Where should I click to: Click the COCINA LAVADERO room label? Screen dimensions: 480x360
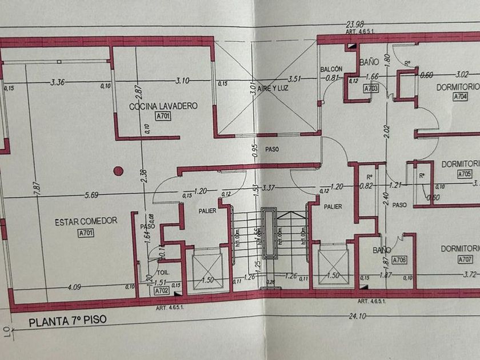pos(163,106)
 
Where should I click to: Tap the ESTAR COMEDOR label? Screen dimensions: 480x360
pos(86,222)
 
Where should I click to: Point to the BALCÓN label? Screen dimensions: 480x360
pos(331,69)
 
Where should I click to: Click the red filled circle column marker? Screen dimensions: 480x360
pos(118,170)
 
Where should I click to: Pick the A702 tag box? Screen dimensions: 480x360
pos(163,291)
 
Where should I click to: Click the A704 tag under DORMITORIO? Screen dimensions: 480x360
pos(461,97)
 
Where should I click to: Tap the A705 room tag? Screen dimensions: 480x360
pos(464,174)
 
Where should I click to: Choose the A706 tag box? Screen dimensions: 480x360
pos(399,260)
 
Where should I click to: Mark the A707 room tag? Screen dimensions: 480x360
pos(465,259)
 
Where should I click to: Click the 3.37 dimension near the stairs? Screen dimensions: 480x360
pos(269,187)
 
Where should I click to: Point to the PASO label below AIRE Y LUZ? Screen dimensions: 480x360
pos(271,149)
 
